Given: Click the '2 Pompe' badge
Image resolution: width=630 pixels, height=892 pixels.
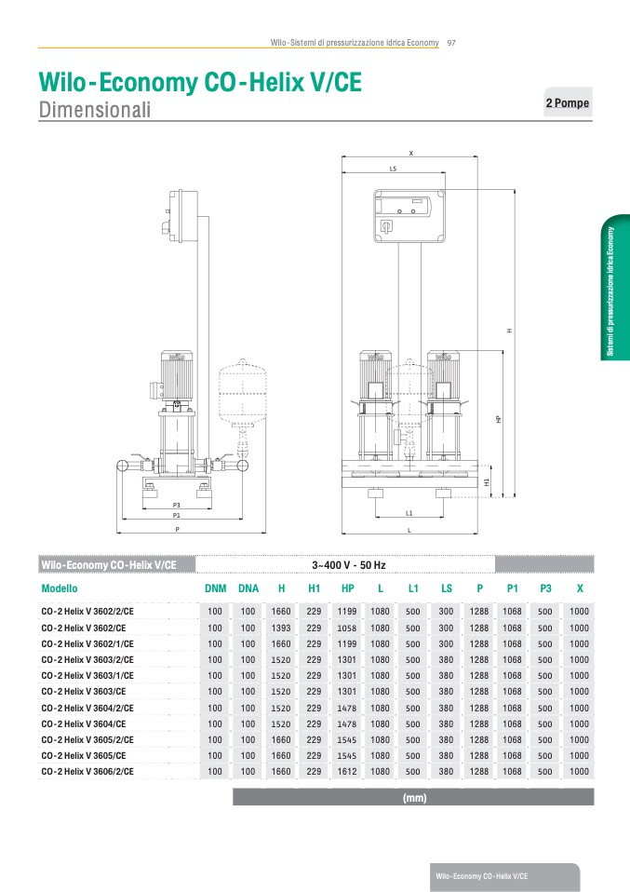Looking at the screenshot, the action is (568, 102).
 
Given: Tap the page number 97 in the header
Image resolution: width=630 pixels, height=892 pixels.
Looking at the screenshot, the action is (451, 43).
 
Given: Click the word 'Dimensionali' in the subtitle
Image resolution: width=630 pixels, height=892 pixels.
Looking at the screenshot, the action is (95, 110).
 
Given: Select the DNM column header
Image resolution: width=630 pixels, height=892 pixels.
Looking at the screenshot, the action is (216, 588).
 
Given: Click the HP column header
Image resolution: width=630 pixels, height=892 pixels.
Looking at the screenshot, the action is (347, 588).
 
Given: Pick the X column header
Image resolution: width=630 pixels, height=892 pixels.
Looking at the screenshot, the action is (580, 588).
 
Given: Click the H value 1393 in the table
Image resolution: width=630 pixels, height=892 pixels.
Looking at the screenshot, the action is (281, 628).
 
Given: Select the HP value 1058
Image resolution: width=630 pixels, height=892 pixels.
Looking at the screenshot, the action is (347, 628).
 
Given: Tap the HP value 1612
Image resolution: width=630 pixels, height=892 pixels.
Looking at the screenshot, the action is (347, 771).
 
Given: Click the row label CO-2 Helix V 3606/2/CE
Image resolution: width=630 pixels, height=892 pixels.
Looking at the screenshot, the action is (87, 771).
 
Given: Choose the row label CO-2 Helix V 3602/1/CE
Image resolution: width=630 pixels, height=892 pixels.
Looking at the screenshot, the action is (87, 644).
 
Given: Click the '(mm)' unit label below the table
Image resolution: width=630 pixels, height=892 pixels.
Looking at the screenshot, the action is (414, 798).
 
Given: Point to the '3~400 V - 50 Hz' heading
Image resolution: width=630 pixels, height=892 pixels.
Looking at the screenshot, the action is (349, 565).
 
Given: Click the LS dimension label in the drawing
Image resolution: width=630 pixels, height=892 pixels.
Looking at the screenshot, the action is (393, 169).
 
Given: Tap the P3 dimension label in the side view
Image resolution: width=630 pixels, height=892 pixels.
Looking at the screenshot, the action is (176, 506).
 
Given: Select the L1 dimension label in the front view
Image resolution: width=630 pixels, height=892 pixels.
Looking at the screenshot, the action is (409, 513).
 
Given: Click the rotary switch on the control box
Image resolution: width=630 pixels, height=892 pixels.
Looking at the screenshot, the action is (385, 227).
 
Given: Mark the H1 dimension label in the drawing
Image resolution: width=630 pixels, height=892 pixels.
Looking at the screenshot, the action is (487, 481).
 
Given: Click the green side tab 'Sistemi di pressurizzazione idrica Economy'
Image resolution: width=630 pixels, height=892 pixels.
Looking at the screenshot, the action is (615, 288).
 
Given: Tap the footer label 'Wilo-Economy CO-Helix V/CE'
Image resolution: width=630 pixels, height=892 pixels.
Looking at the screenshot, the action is (482, 876).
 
